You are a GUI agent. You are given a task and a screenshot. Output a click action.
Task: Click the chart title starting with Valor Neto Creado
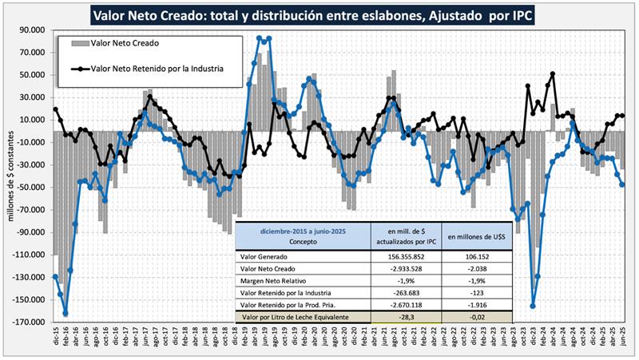pyautogui.click(x=319, y=14)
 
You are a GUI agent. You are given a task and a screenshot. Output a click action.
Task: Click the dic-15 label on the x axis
pyautogui.click(x=57, y=339)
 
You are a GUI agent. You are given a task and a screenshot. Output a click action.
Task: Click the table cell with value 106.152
pyautogui.click(x=477, y=255)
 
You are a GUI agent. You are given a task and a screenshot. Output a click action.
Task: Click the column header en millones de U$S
pyautogui.click(x=477, y=236)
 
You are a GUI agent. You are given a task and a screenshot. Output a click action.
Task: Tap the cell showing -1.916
pyautogui.click(x=477, y=306)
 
